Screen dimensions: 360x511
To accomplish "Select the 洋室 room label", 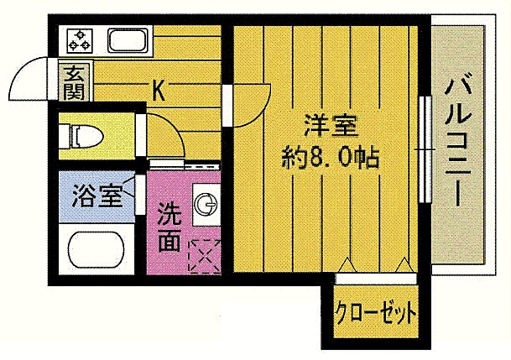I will [x=331, y=128].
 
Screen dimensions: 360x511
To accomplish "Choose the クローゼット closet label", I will [x=375, y=315].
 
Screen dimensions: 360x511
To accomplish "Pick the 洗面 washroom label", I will [x=169, y=226].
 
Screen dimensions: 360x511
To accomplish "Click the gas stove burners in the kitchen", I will [x=81, y=39].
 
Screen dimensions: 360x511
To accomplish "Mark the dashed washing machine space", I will [x=205, y=254].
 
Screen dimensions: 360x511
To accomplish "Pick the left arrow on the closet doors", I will [x=347, y=263].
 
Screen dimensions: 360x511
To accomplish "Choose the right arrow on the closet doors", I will [x=402, y=263].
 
